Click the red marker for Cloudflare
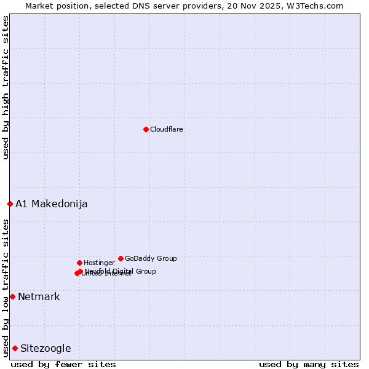[146, 129]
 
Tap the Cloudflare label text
[167, 129]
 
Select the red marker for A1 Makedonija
[10, 204]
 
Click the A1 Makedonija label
[52, 204]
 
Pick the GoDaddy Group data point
[121, 258]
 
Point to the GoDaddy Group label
[151, 258]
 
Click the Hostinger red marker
[79, 263]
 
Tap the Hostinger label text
[99, 263]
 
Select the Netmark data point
[12, 296]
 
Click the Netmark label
[39, 296]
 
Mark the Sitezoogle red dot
[15, 348]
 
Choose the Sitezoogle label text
[46, 348]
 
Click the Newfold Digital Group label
[121, 271]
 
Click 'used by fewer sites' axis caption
[63, 364]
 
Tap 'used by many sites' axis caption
[309, 364]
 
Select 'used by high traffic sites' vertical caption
[6, 88]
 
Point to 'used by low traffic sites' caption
[6, 288]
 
